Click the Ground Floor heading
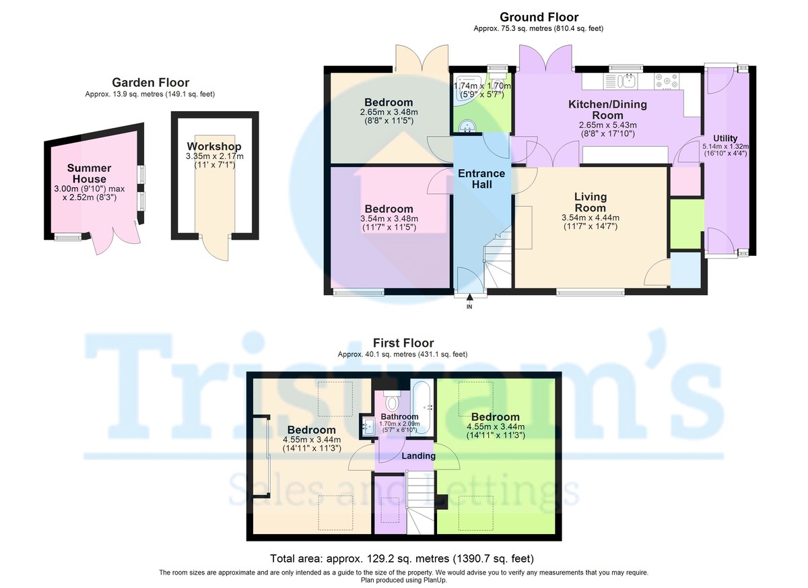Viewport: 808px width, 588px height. click(x=539, y=17)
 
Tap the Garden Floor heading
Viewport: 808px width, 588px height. click(x=150, y=83)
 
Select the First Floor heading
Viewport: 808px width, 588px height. click(x=403, y=343)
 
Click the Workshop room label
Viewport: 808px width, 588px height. click(x=214, y=146)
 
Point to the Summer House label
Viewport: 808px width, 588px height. click(x=90, y=174)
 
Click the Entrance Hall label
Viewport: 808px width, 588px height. click(x=481, y=179)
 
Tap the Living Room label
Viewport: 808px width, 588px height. click(x=591, y=202)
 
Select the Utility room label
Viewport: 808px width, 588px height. click(x=725, y=139)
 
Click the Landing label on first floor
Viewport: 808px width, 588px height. click(x=418, y=456)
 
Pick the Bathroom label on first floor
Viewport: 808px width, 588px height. click(x=400, y=417)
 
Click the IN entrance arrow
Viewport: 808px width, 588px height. click(x=469, y=298)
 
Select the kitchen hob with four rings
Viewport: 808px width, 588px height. click(x=667, y=81)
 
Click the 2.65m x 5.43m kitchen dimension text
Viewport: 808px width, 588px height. click(x=608, y=125)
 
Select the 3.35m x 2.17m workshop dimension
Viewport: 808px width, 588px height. click(x=215, y=156)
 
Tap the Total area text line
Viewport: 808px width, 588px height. click(x=402, y=558)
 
